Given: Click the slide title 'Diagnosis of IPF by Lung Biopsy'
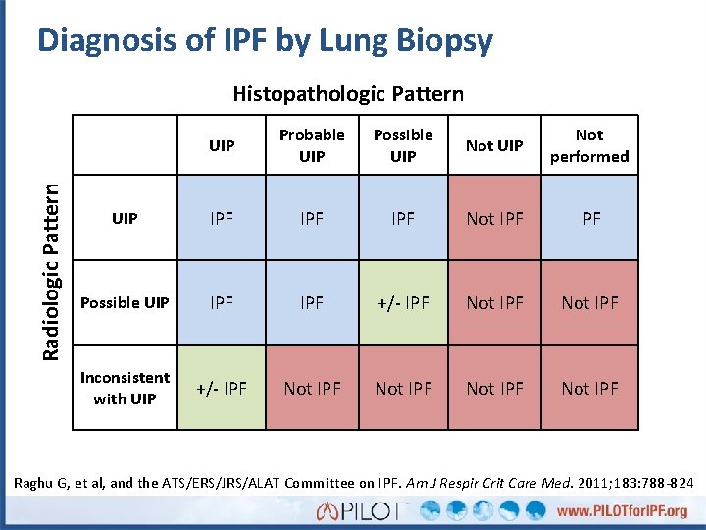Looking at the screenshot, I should pyautogui.click(x=265, y=41).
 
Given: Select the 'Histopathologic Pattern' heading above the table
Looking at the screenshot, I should pyautogui.click(x=348, y=94).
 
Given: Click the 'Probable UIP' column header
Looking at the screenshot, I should pyautogui.click(x=312, y=145).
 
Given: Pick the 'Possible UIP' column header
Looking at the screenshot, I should pyautogui.click(x=403, y=145).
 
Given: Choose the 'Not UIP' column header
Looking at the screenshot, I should pyautogui.click(x=494, y=145).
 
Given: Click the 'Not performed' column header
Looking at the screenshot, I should pyautogui.click(x=589, y=145).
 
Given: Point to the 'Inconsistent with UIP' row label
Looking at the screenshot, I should pyautogui.click(x=125, y=388).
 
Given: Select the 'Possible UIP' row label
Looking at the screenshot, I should pyautogui.click(x=125, y=302).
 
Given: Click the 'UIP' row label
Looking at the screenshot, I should pyautogui.click(x=125, y=218).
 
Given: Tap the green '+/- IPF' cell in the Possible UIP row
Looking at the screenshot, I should pyautogui.click(x=403, y=302).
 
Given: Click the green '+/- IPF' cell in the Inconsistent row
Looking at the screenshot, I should pyautogui.click(x=222, y=388).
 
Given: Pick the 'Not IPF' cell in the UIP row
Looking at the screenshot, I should pyautogui.click(x=494, y=218).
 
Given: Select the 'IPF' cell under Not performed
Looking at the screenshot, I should pyautogui.click(x=589, y=218).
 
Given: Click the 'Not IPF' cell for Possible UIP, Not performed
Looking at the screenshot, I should pyautogui.click(x=589, y=302).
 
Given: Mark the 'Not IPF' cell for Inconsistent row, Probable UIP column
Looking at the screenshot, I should pyautogui.click(x=312, y=388).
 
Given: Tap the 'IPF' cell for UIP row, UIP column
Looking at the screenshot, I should pyautogui.click(x=222, y=218).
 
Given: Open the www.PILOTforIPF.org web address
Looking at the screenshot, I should pyautogui.click(x=623, y=511).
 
